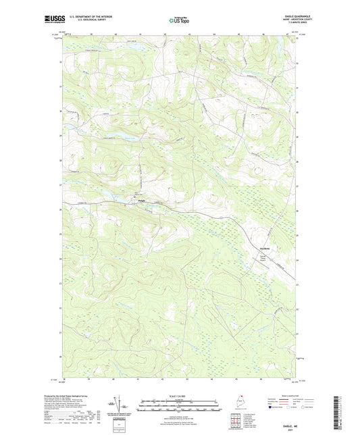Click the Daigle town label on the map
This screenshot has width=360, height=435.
[x=141, y=201]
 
